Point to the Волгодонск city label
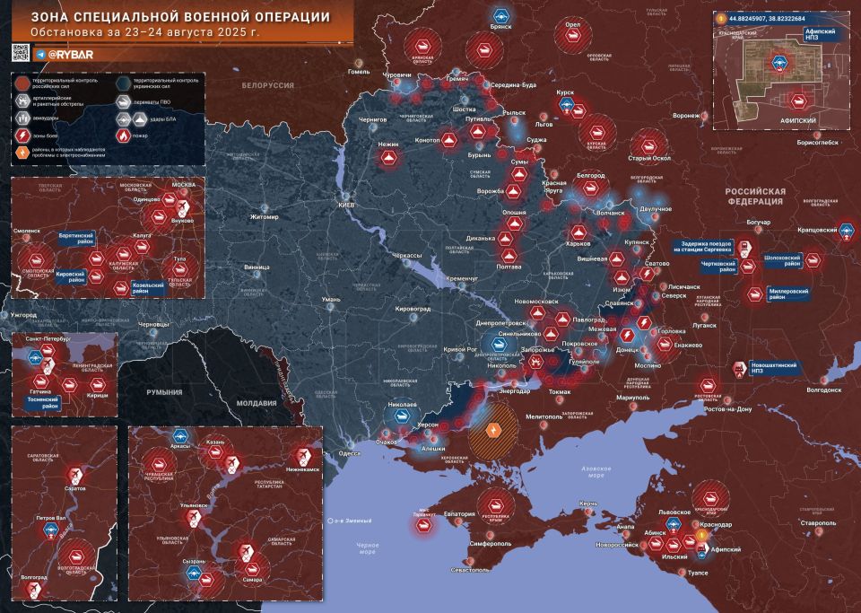823,390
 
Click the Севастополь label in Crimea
470,569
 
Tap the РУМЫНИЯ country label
164,392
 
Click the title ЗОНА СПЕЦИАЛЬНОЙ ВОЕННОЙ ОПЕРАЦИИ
179,17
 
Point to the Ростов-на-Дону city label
735,410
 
